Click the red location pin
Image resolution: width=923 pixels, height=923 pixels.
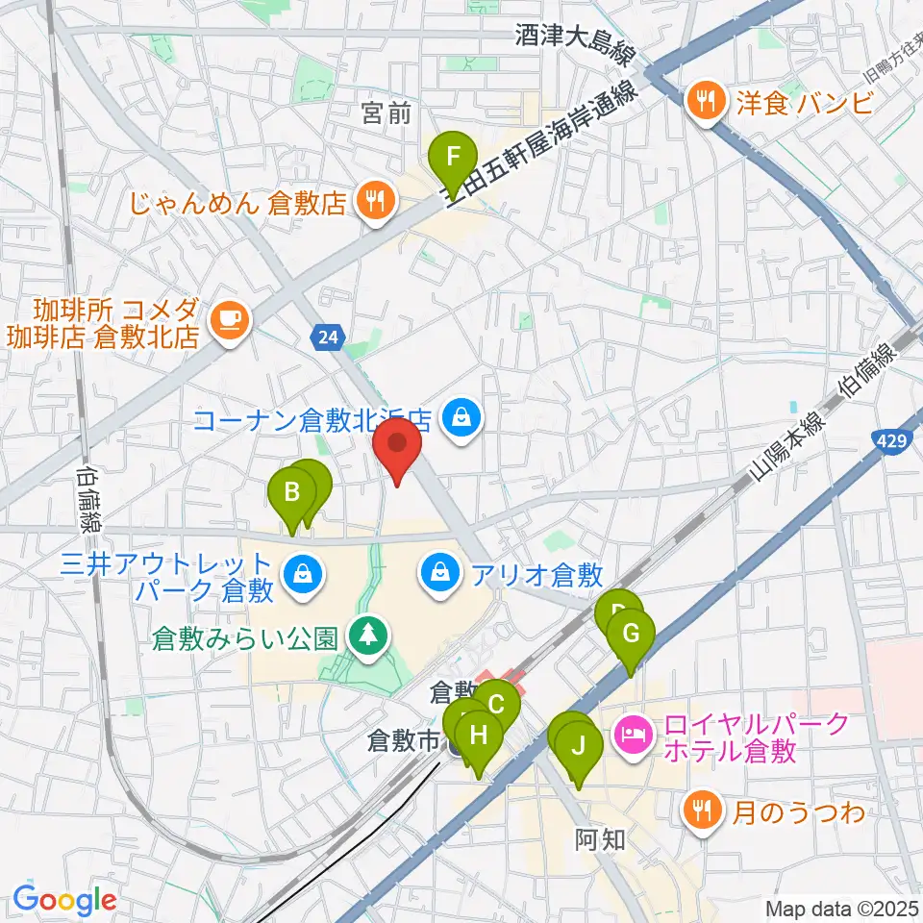click(395, 445)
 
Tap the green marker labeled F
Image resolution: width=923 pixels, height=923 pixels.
click(453, 156)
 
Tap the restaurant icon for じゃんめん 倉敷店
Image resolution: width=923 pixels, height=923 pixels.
click(371, 202)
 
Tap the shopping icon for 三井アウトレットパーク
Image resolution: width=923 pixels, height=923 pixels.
click(303, 574)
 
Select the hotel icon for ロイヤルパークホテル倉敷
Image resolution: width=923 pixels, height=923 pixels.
click(633, 736)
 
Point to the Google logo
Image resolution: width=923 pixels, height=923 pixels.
click(64, 900)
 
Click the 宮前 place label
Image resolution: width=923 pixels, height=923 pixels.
click(387, 115)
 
